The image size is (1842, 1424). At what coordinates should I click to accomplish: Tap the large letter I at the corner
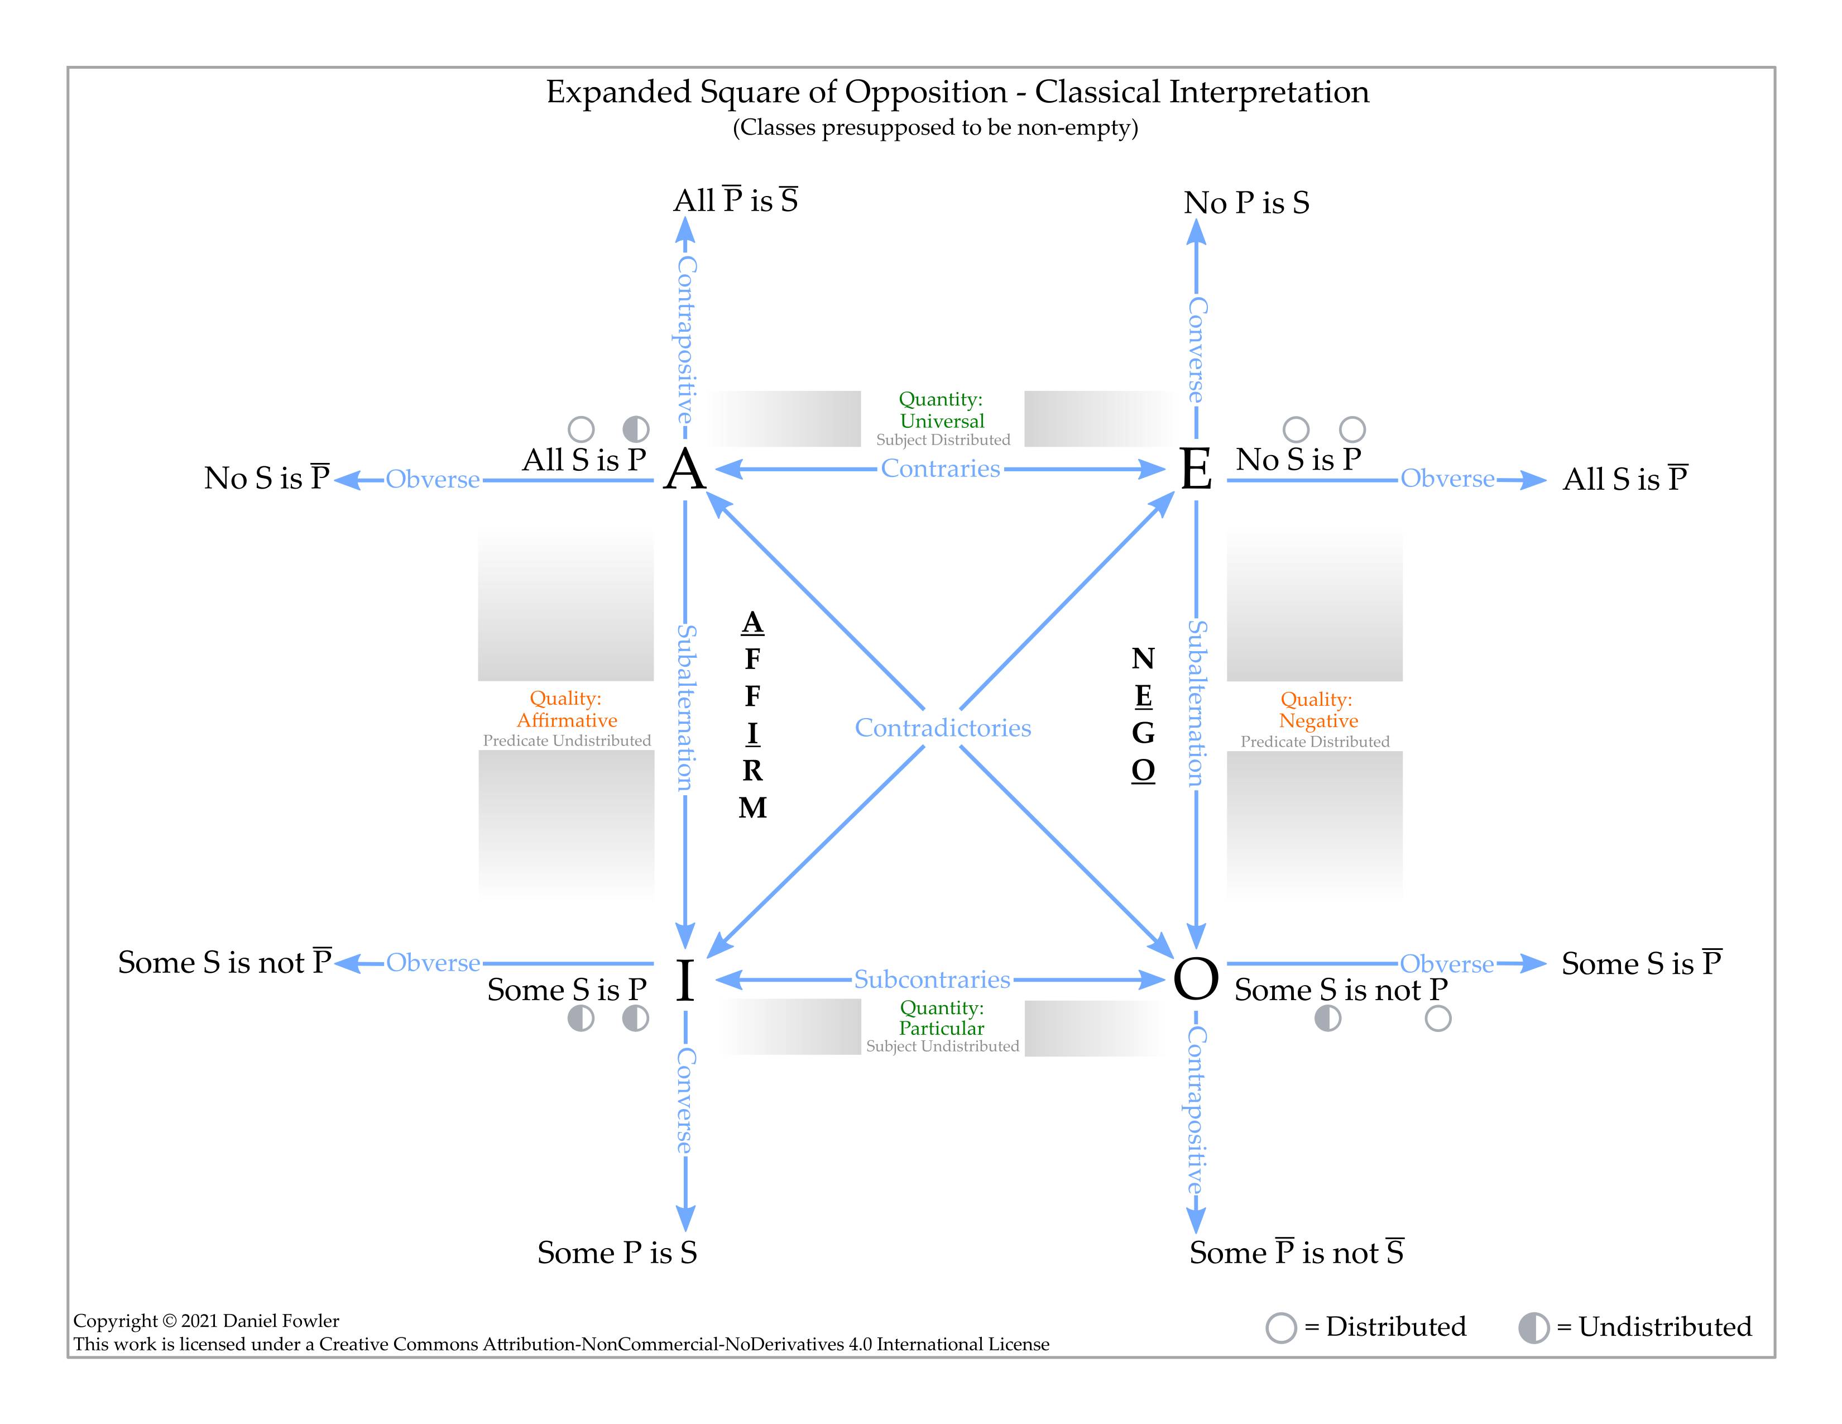pos(685,981)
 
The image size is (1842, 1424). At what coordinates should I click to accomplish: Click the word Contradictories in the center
pos(942,728)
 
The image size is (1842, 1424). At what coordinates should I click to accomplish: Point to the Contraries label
pos(941,469)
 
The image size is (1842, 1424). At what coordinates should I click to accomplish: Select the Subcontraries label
pos(932,979)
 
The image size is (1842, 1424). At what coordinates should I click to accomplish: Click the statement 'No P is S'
pos(1246,203)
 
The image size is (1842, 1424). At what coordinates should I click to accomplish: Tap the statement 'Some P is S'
pos(617,1253)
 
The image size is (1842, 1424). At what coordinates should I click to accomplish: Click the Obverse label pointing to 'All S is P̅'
pos(1447,479)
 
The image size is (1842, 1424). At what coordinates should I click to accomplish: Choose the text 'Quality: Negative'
pos(1317,710)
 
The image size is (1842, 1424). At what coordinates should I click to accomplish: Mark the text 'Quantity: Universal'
pos(941,410)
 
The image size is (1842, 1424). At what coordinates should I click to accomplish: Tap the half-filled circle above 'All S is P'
pos(635,429)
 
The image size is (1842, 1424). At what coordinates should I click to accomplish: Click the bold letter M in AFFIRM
pos(752,808)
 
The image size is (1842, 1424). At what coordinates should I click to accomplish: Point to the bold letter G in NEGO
pos(1143,733)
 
